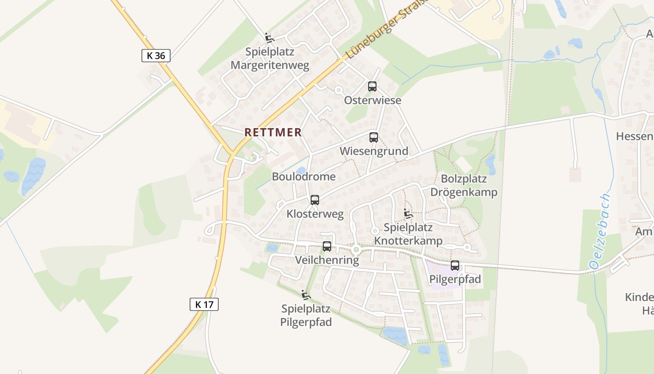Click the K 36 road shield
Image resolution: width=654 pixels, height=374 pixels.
pyautogui.click(x=156, y=56)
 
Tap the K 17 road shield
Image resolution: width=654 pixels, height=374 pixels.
pyautogui.click(x=204, y=304)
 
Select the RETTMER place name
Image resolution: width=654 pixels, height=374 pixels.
pyautogui.click(x=273, y=132)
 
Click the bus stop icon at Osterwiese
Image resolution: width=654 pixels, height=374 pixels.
pyautogui.click(x=372, y=86)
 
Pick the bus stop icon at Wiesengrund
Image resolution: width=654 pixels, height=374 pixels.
pyautogui.click(x=373, y=137)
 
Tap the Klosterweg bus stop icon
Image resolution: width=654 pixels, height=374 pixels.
pyautogui.click(x=315, y=200)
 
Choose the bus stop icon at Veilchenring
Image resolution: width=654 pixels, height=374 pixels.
pyautogui.click(x=327, y=246)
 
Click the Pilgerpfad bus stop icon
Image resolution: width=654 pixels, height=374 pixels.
pyautogui.click(x=455, y=266)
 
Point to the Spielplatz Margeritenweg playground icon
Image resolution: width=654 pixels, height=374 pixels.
pyautogui.click(x=269, y=38)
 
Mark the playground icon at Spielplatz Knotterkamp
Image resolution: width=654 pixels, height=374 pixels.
pyautogui.click(x=408, y=214)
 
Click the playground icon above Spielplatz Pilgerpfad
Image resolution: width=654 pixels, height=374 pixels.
pyautogui.click(x=306, y=295)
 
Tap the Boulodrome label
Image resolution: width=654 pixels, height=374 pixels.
pyautogui.click(x=304, y=177)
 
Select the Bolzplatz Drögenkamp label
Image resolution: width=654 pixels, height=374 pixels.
pyautogui.click(x=463, y=186)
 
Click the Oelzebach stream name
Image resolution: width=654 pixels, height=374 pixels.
pyautogui.click(x=601, y=231)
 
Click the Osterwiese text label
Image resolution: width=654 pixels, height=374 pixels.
pyautogui.click(x=372, y=101)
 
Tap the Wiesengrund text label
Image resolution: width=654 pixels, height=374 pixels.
pyautogui.click(x=374, y=151)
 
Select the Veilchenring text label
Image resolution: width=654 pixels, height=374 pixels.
pyautogui.click(x=327, y=260)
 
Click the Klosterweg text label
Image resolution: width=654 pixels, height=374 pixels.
pyautogui.click(x=315, y=214)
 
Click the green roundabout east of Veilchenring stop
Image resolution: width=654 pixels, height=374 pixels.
pyautogui.click(x=356, y=250)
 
